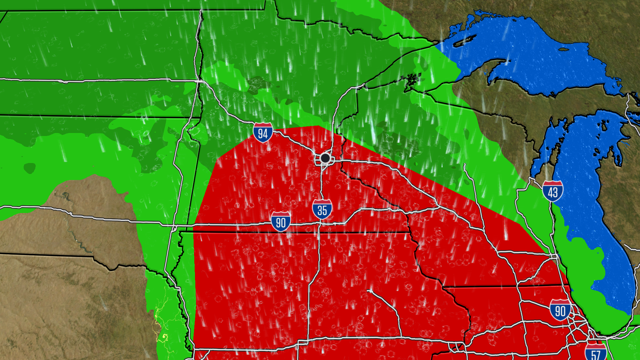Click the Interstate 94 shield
(263, 133)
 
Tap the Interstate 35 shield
(322, 209)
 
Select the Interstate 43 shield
(553, 191)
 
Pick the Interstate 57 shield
(596, 353)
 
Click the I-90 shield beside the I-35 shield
(281, 222)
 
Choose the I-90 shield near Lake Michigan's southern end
(560, 310)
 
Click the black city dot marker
(325, 158)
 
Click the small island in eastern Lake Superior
(564, 50)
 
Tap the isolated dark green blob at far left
(30, 168)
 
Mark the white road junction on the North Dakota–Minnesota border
(199, 81)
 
